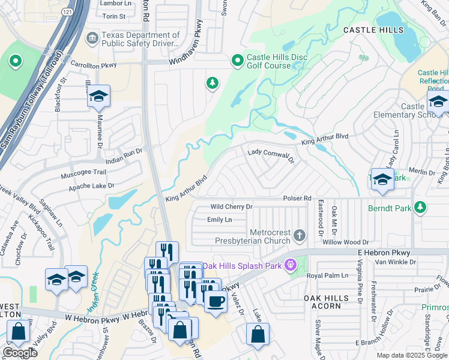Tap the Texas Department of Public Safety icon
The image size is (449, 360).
click(92, 39)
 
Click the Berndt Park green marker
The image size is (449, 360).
click(421, 207)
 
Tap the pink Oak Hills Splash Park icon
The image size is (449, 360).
click(292, 264)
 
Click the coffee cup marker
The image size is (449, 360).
click(215, 301)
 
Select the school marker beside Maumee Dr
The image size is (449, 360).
click(98, 96)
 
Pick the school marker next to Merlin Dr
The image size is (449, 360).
click(382, 179)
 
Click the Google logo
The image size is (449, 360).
click(20, 353)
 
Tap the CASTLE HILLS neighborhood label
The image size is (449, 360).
click(370, 29)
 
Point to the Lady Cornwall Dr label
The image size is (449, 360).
click(271, 155)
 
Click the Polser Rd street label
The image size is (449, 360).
click(297, 197)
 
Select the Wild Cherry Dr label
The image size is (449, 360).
click(231, 206)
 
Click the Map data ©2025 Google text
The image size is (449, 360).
click(411, 355)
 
